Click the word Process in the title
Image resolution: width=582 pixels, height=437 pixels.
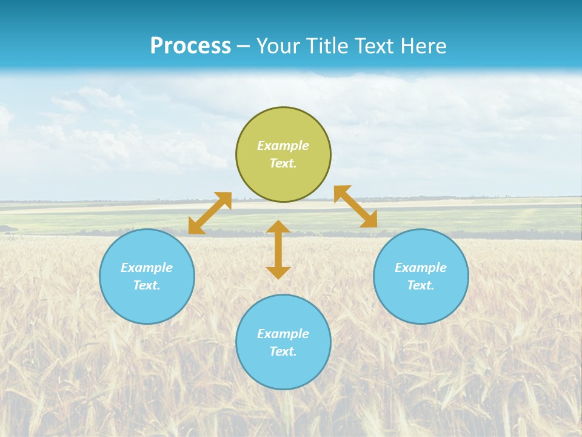pos(190,46)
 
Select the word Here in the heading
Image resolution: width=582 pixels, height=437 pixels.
pos(423,46)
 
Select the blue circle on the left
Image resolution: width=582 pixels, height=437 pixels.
pos(147,303)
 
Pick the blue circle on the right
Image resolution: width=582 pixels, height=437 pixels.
pos(421,303)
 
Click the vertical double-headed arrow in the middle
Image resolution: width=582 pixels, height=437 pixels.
pos(278,249)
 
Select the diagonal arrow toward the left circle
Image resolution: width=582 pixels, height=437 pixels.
pos(210,213)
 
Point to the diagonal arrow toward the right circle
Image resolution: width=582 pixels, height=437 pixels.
pos(356,206)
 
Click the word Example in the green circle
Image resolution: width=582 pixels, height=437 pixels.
pos(283,146)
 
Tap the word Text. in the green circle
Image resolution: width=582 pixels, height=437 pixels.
pos(283,163)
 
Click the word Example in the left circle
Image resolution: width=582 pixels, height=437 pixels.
pos(147,268)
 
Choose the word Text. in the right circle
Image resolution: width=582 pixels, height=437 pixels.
pos(421,285)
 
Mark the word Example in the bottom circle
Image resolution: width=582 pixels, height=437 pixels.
pos(283,334)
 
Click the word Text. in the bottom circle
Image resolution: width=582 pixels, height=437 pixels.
pos(283,351)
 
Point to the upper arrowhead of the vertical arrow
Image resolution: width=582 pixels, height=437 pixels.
pos(278,227)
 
